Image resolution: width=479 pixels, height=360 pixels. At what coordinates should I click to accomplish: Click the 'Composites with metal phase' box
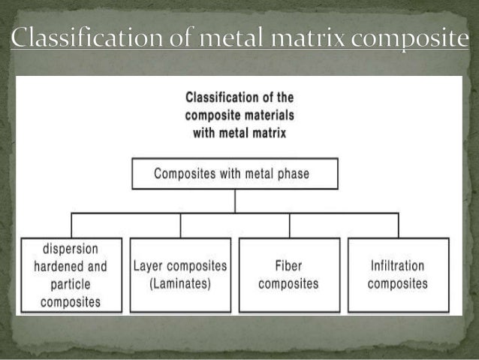(x=236, y=174)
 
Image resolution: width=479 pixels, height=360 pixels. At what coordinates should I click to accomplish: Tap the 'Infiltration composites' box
(x=399, y=274)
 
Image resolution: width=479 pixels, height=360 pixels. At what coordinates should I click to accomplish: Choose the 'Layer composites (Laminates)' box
(x=179, y=274)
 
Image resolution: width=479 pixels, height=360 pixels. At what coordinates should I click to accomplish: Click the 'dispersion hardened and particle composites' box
(x=71, y=274)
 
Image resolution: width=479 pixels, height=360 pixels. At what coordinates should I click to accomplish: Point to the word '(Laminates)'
(x=179, y=283)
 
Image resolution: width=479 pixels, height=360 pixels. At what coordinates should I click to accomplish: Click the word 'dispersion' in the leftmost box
(x=71, y=249)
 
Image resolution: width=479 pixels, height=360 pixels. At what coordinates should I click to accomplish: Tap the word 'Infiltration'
(x=398, y=266)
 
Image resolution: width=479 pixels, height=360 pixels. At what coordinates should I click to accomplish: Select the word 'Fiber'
(x=291, y=266)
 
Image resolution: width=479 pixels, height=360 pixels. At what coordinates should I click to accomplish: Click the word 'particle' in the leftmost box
(x=71, y=284)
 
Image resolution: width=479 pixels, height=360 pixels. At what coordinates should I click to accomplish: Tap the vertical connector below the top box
(x=236, y=201)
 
